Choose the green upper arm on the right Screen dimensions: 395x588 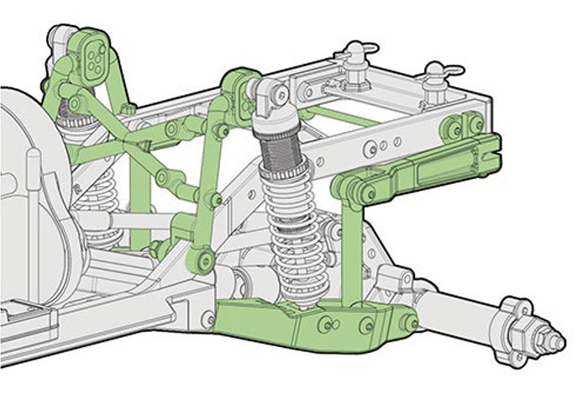(420, 172)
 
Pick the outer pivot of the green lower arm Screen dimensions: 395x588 (409, 322)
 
